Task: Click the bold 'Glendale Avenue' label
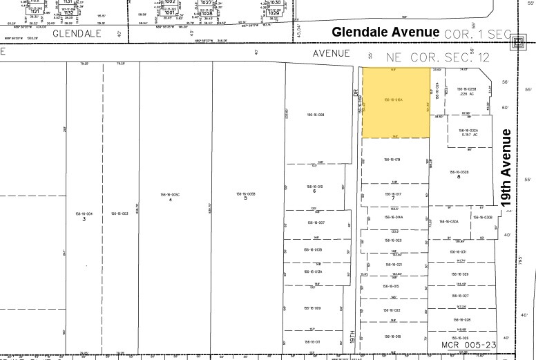(x=385, y=32)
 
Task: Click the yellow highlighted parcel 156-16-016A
(x=395, y=102)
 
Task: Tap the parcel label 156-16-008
(x=316, y=115)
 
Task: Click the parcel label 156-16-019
(x=392, y=160)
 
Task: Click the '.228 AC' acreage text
(x=469, y=94)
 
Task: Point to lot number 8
(x=458, y=177)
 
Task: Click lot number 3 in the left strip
(x=84, y=218)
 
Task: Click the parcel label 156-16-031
(x=459, y=252)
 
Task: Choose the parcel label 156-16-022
(x=392, y=310)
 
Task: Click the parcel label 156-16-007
(x=316, y=222)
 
